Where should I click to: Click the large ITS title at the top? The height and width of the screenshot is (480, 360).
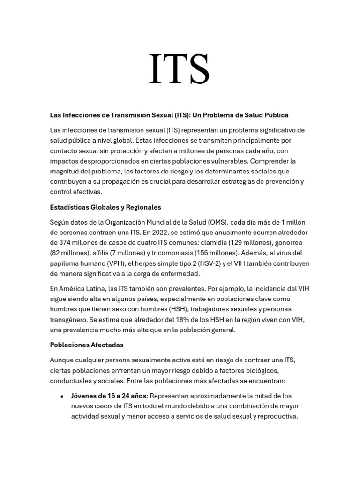179,69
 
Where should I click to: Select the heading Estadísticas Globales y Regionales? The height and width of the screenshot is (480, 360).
105,207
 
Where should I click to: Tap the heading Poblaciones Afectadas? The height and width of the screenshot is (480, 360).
87,345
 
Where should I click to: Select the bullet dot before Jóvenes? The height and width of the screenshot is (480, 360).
62,396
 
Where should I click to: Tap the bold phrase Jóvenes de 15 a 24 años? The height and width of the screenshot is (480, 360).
109,396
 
